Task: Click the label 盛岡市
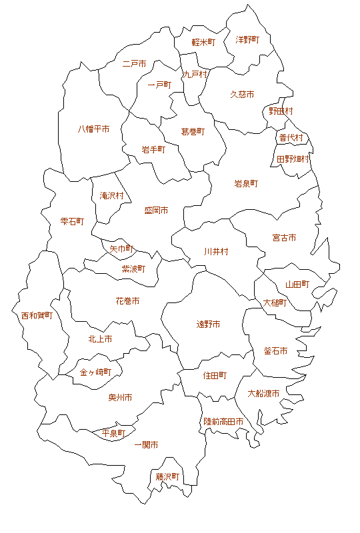click(156, 211)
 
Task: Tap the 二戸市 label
click(135, 65)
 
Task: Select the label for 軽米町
click(203, 42)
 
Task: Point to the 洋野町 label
click(247, 40)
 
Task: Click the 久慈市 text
click(242, 95)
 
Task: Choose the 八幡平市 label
click(94, 129)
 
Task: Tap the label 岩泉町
click(246, 183)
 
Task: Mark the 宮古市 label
click(284, 238)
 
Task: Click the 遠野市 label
click(208, 324)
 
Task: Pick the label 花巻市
click(127, 301)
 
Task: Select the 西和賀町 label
click(37, 315)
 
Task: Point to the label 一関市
click(146, 444)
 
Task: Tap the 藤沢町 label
click(168, 477)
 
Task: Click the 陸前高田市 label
click(223, 422)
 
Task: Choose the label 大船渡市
click(263, 393)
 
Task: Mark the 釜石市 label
click(275, 351)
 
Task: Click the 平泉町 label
click(113, 434)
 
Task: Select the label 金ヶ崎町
click(95, 372)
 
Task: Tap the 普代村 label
click(291, 138)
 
